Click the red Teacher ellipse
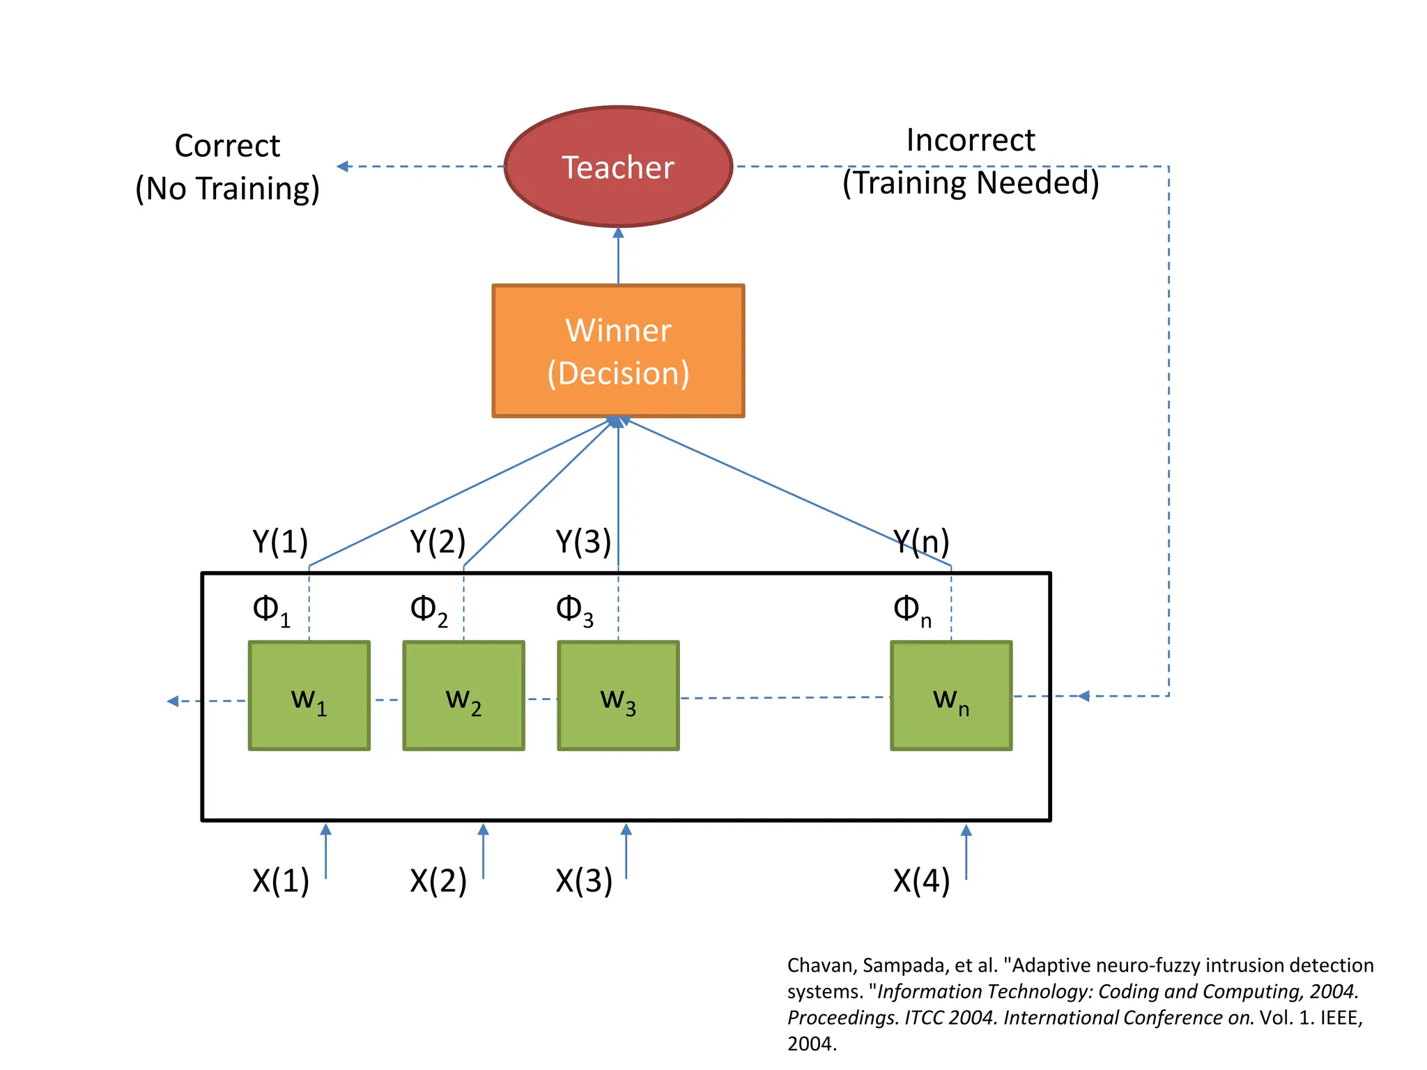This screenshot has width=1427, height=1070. coord(618,166)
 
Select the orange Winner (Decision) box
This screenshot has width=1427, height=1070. coord(618,351)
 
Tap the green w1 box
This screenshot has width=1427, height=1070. coord(309,696)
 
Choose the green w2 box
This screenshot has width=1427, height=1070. coord(464,696)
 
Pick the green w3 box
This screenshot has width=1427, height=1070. coord(618,696)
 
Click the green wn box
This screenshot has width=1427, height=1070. coord(951,696)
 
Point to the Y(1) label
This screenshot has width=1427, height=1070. coord(280,541)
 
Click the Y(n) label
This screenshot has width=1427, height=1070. coord(921,541)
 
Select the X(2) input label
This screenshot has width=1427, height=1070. coord(438,881)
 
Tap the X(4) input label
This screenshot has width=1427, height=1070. coord(921,881)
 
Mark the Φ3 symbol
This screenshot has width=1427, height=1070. coord(574,610)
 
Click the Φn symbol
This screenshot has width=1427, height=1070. coord(911,610)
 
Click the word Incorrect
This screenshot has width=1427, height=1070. coord(971,141)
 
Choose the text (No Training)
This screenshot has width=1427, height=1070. coord(227,189)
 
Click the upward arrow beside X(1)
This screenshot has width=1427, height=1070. coord(325,850)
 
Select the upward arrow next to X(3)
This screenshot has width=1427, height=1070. coord(626,850)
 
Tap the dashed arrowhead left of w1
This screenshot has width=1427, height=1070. coord(173,701)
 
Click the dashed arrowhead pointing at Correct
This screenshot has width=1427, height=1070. coord(342,166)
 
